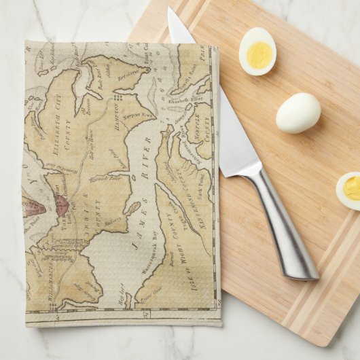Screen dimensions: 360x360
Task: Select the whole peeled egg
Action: click(x=298, y=113)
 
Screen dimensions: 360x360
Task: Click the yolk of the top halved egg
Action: click(x=259, y=55)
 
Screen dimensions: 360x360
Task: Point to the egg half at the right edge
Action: click(x=349, y=190)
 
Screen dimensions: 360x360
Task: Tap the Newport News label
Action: click(x=139, y=116)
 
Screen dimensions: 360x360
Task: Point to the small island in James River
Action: click(x=132, y=209)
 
